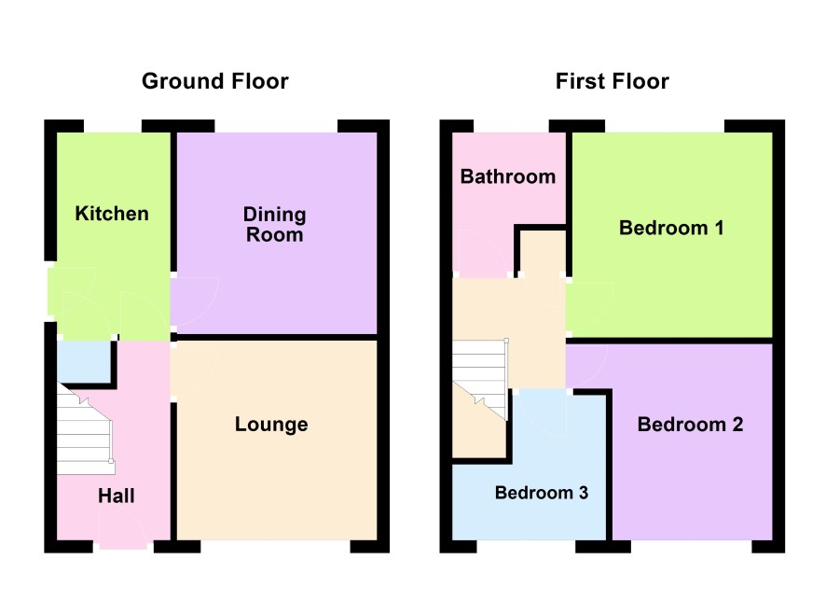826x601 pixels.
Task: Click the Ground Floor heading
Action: click(x=215, y=81)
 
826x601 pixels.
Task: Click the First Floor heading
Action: click(x=613, y=81)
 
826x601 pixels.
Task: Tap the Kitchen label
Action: click(x=112, y=214)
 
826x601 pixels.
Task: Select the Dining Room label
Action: click(x=274, y=224)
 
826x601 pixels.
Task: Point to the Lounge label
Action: click(x=271, y=425)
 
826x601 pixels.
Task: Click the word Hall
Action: click(x=117, y=496)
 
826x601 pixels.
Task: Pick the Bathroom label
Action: click(x=508, y=176)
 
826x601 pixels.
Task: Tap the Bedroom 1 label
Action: click(x=671, y=228)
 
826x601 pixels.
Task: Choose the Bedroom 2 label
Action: click(x=690, y=425)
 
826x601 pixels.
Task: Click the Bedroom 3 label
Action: click(x=542, y=493)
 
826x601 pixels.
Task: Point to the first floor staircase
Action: click(x=479, y=380)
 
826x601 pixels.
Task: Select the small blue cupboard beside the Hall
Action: click(x=84, y=362)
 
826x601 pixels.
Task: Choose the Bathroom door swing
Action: click(x=482, y=253)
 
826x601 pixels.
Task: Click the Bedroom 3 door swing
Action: click(x=543, y=413)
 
